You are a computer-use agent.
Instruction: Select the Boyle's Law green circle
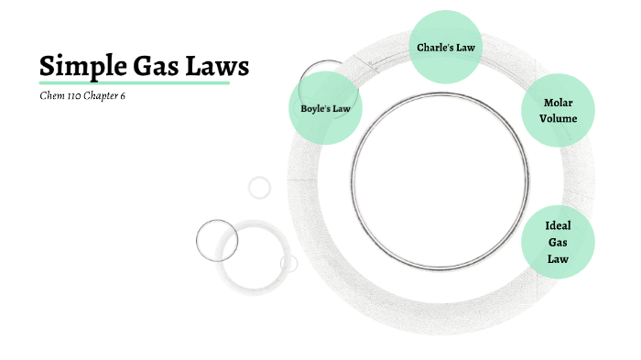pyautogui.click(x=324, y=108)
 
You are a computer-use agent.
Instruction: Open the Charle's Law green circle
pyautogui.click(x=445, y=46)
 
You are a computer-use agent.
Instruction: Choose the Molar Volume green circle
pyautogui.click(x=558, y=111)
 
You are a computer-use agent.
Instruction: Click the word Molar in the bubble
pyautogui.click(x=558, y=103)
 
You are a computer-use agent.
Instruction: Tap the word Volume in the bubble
pyautogui.click(x=558, y=118)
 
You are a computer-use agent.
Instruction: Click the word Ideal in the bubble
pyautogui.click(x=558, y=226)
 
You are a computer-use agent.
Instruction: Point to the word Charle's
pyautogui.click(x=431, y=46)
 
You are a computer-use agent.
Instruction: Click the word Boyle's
pyautogui.click(x=314, y=108)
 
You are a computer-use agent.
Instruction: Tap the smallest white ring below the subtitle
pyautogui.click(x=260, y=187)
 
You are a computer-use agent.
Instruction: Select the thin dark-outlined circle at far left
pyautogui.click(x=217, y=241)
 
